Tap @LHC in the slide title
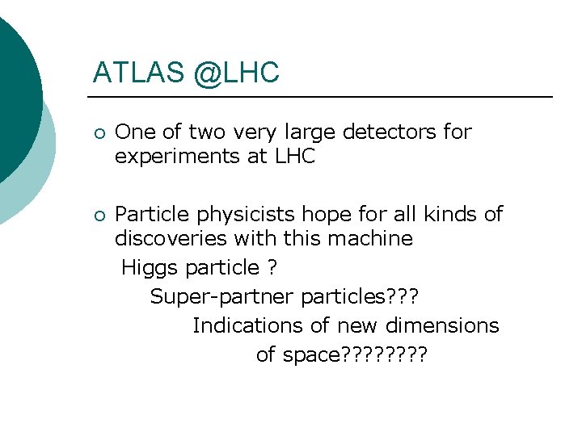coord(236,73)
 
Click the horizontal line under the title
coord(323,98)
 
